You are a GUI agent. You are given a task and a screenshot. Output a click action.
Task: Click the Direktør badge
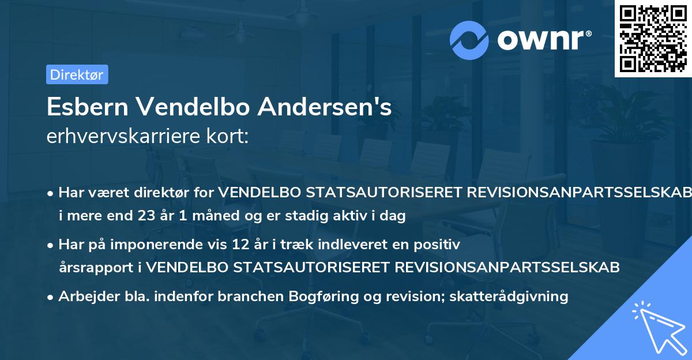tap(77, 74)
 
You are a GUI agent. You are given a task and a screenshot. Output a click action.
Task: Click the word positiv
tap(439, 245)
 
